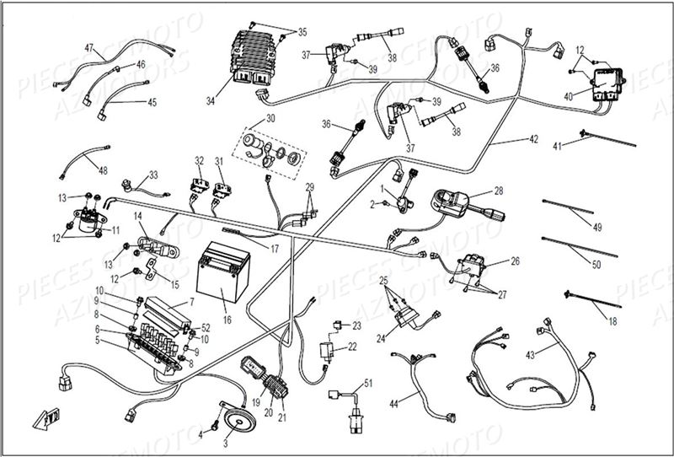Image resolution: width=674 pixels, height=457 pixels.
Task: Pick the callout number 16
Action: [x=226, y=320]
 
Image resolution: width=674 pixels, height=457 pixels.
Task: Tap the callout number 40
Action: [x=569, y=97]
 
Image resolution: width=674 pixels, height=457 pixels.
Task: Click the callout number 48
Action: [x=103, y=171]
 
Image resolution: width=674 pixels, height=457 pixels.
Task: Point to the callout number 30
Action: [x=270, y=118]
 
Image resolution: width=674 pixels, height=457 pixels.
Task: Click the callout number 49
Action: [x=598, y=227]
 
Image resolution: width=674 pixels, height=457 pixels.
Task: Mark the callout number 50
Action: [x=597, y=266]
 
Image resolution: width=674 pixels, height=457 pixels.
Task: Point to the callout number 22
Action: [x=352, y=347]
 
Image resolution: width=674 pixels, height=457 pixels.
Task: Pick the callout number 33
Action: [x=153, y=175]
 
